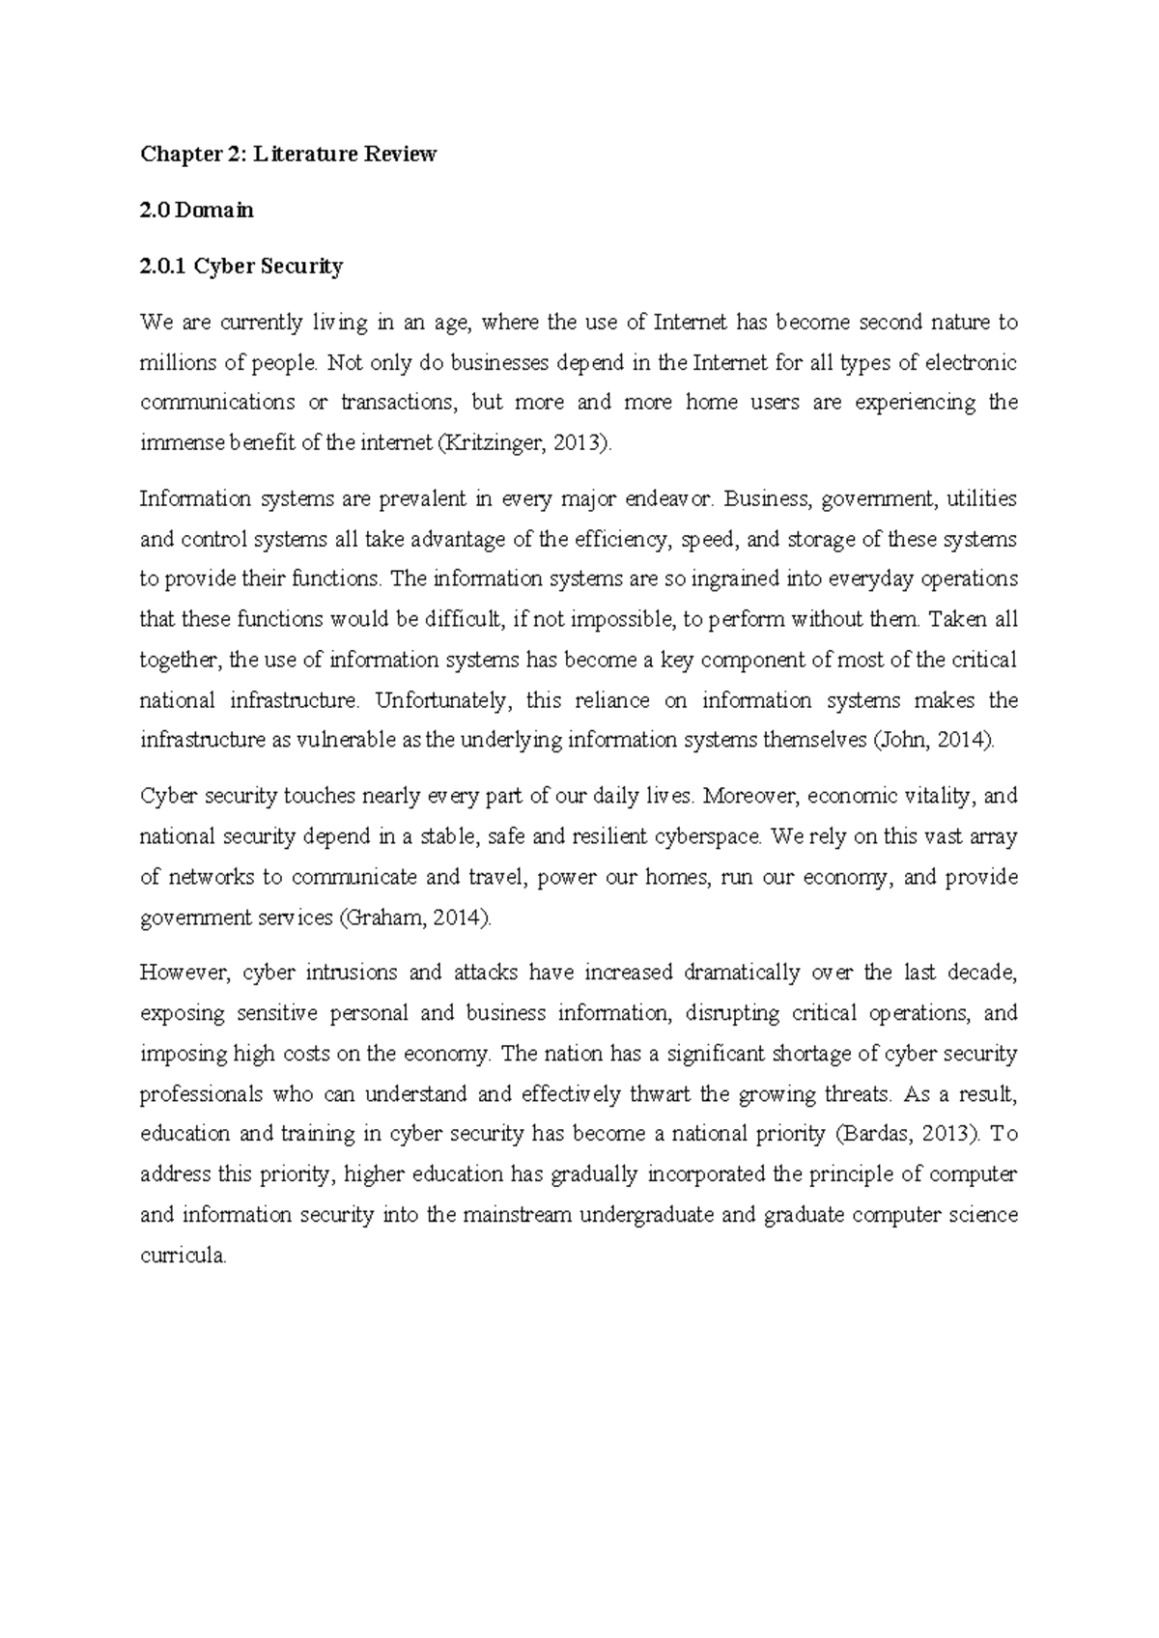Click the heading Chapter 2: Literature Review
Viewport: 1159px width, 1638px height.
point(288,155)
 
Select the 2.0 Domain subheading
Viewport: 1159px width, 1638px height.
point(196,211)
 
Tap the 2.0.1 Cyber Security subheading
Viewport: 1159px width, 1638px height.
point(240,267)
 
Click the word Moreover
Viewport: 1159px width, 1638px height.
point(750,797)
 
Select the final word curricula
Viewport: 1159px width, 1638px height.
point(183,1257)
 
